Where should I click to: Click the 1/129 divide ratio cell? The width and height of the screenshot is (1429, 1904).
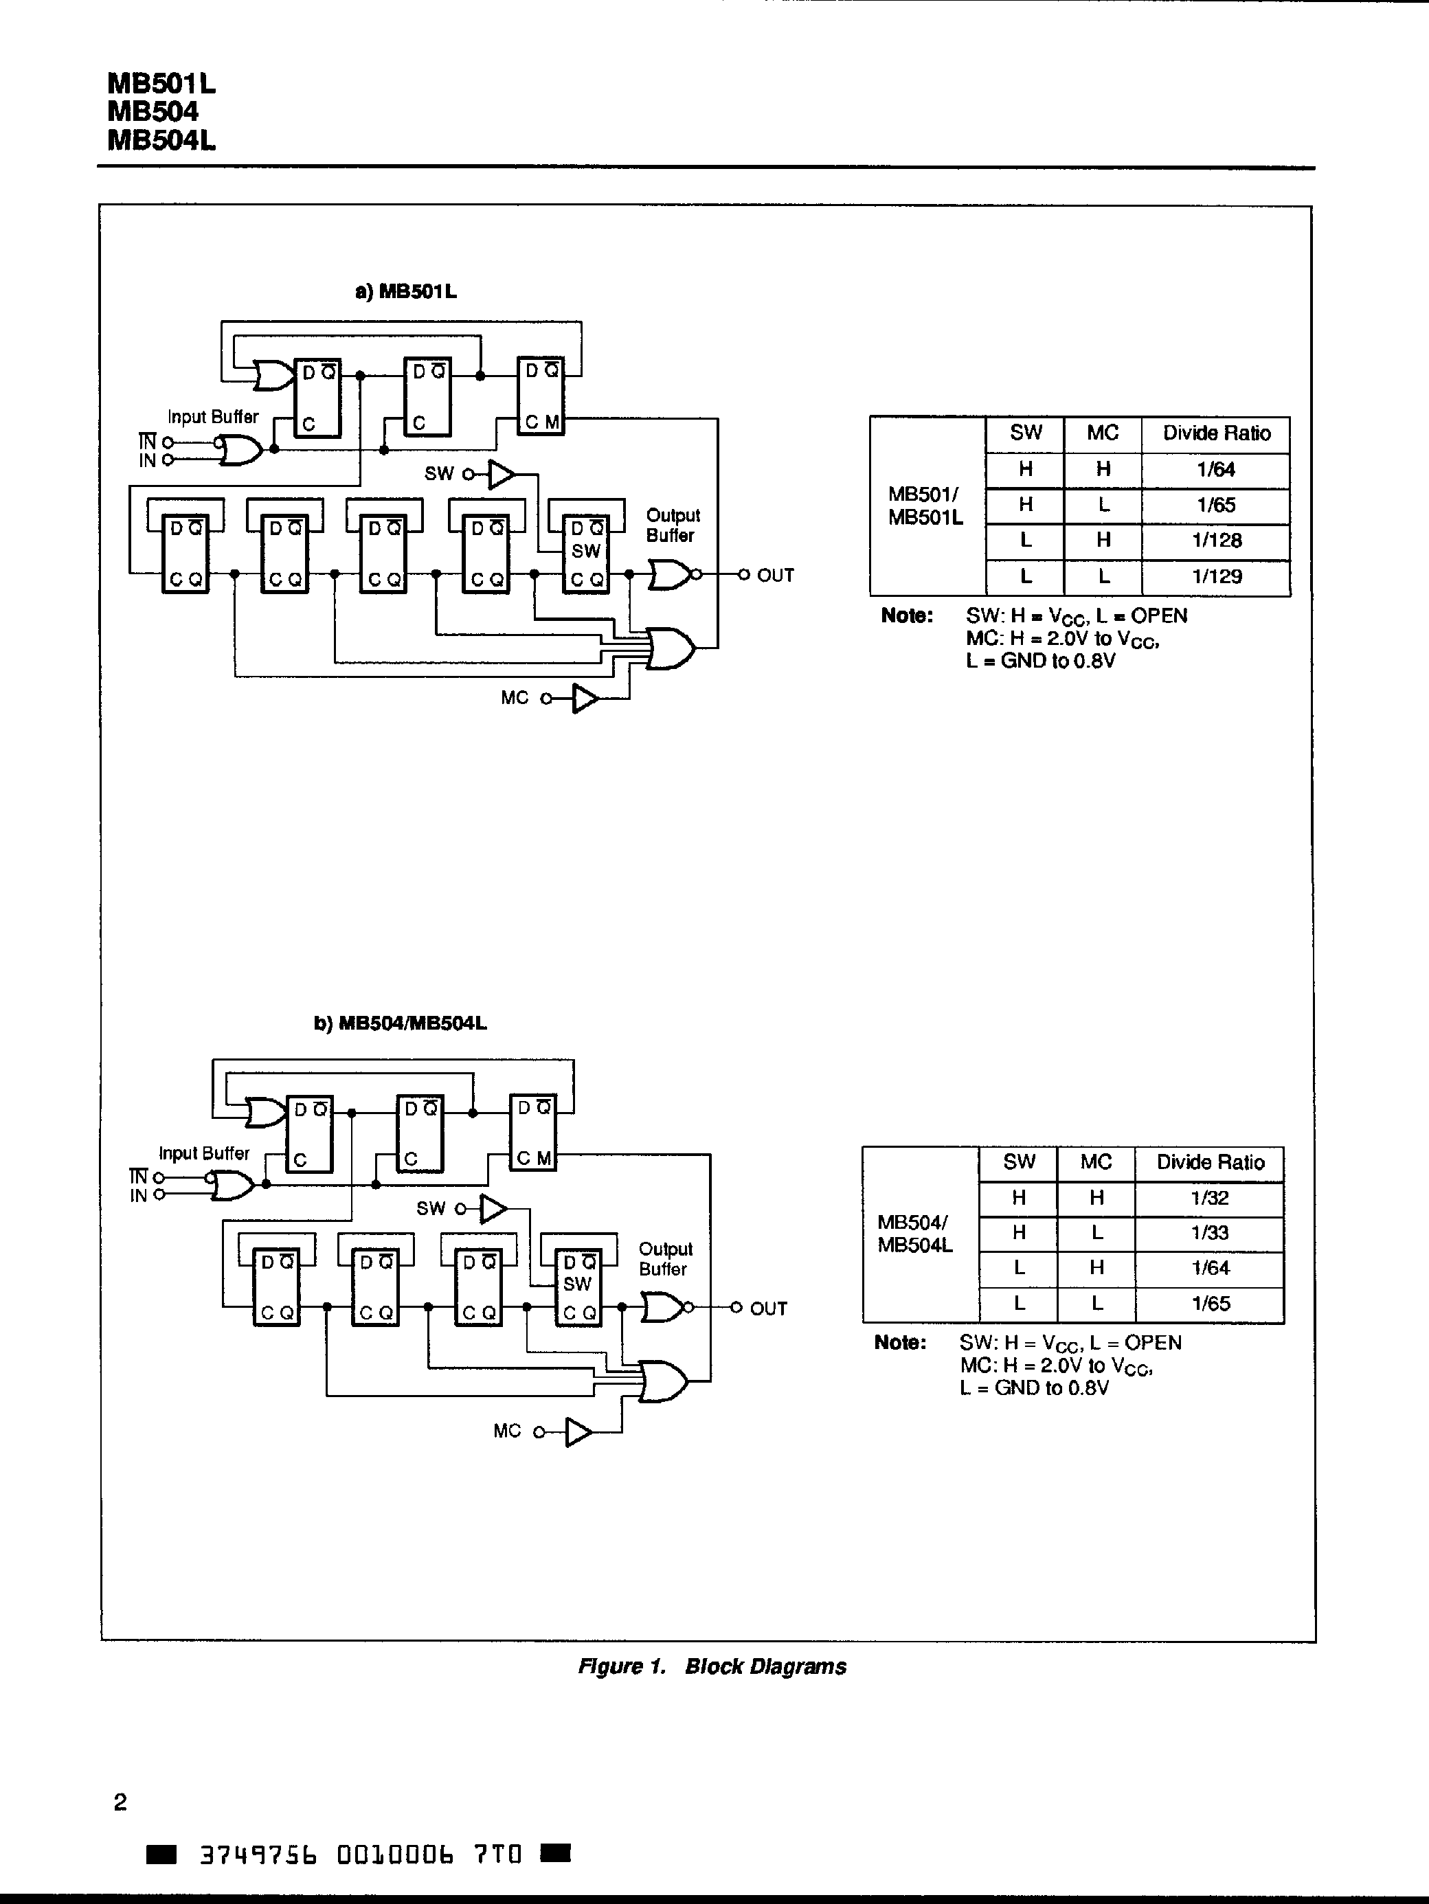(x=1217, y=577)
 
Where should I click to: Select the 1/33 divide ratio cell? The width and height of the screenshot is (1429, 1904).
(x=1209, y=1233)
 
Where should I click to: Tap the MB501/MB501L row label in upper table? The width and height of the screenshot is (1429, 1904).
(x=925, y=506)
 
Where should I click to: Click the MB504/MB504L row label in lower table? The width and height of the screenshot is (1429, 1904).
(x=915, y=1234)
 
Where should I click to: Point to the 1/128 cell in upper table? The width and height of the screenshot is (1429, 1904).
(x=1217, y=541)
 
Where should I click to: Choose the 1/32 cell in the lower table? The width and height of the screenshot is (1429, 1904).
(x=1209, y=1197)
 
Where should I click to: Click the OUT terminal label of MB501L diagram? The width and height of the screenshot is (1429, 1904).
(x=775, y=575)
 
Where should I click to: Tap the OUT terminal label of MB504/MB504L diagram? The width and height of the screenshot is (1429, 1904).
(x=768, y=1308)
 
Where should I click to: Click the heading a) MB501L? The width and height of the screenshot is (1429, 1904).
(x=405, y=292)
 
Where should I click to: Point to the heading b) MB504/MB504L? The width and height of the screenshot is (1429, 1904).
(x=401, y=1023)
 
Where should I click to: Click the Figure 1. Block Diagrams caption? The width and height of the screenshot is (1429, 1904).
(x=712, y=1666)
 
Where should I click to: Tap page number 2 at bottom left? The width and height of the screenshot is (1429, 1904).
(x=120, y=1802)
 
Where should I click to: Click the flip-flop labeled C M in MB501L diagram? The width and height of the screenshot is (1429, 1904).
(x=541, y=396)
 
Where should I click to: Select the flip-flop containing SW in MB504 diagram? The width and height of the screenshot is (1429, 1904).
(x=578, y=1288)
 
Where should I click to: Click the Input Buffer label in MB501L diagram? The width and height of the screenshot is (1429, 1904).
(x=212, y=417)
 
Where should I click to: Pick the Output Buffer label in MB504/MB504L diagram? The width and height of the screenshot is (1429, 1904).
(x=664, y=1258)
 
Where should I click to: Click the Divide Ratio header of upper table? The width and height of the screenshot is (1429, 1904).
(x=1217, y=433)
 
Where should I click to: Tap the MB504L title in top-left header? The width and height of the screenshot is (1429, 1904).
(x=161, y=140)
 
